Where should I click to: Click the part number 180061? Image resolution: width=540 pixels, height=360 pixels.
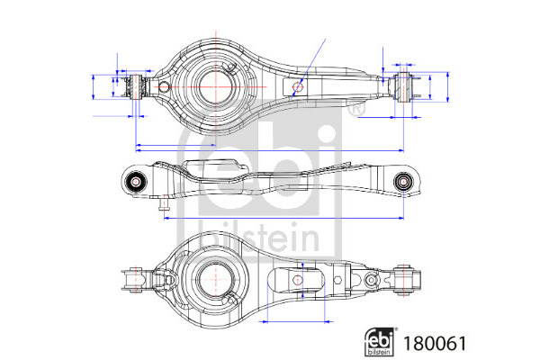click(x=435, y=343)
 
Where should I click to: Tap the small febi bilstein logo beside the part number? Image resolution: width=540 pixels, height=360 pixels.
click(x=379, y=341)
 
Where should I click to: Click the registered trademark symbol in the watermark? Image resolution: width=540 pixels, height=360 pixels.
click(x=355, y=109)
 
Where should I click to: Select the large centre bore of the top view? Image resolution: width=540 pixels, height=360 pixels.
click(x=215, y=86)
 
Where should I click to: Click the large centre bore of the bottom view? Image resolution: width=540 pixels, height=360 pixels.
click(x=215, y=279)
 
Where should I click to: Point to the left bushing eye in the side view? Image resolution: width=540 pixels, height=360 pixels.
click(x=135, y=182)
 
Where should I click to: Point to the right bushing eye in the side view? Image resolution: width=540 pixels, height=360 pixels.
click(x=402, y=181)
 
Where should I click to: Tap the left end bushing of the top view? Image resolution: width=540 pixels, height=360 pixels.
click(x=137, y=86)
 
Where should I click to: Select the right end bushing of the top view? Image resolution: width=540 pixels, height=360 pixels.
click(x=402, y=86)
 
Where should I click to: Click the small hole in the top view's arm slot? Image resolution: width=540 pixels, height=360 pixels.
click(x=297, y=86)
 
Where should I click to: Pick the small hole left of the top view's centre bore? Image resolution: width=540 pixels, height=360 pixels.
click(x=165, y=86)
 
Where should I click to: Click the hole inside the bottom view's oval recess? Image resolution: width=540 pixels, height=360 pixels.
click(x=298, y=280)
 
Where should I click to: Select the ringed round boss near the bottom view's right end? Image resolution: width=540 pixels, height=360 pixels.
click(x=371, y=280)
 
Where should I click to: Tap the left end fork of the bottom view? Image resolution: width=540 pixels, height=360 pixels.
click(x=133, y=280)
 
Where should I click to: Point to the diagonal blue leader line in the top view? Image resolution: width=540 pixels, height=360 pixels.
click(x=308, y=68)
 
